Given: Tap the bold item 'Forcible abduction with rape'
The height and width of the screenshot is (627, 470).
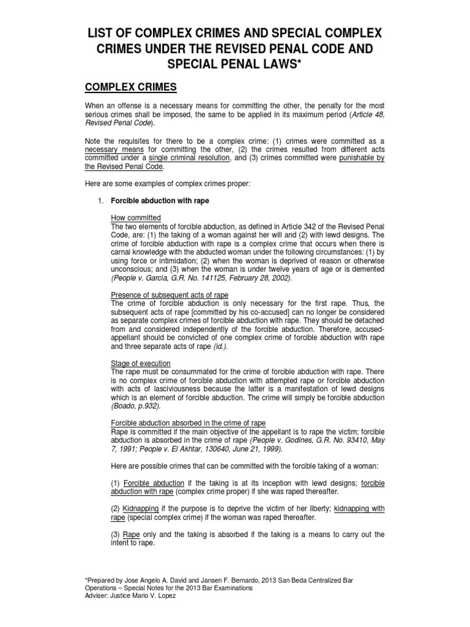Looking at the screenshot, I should tap(156, 201).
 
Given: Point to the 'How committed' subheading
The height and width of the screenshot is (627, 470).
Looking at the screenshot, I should tap(135, 217).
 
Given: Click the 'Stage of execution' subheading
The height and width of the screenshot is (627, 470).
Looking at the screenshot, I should tap(140, 363).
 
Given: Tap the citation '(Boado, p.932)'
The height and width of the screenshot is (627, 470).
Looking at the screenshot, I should tap(135, 406).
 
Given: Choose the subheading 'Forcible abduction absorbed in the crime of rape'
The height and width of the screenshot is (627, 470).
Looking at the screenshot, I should tap(188, 423).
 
